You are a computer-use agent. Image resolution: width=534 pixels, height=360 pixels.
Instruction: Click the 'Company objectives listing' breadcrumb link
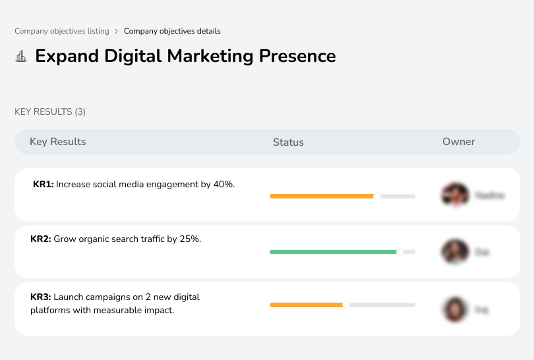click(x=62, y=31)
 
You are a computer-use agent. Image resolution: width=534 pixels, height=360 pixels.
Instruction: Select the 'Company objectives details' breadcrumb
click(x=172, y=31)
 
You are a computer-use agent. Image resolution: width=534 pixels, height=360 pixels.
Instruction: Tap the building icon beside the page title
click(x=21, y=57)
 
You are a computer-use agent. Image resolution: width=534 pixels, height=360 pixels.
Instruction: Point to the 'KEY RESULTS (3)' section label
click(x=50, y=112)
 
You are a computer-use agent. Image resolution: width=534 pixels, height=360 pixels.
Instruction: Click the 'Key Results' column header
click(x=58, y=142)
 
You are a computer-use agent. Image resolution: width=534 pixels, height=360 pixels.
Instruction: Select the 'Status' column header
click(x=288, y=142)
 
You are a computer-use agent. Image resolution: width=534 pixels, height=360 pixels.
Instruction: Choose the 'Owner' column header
click(x=459, y=142)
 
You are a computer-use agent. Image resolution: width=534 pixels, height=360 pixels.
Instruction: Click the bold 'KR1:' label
click(x=43, y=185)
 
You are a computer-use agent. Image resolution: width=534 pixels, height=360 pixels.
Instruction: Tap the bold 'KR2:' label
click(x=40, y=239)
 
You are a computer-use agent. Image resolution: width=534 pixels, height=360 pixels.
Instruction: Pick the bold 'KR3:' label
click(x=40, y=297)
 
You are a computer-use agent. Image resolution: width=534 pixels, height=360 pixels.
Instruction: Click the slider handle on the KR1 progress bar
click(x=377, y=196)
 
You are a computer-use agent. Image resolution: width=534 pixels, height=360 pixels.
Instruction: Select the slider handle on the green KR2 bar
click(x=400, y=252)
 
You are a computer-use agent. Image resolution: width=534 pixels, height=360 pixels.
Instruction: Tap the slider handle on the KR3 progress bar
click(x=346, y=305)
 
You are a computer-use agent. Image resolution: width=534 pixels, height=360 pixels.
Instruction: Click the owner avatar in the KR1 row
click(x=455, y=195)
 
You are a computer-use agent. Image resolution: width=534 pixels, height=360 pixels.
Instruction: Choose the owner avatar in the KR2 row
click(x=455, y=252)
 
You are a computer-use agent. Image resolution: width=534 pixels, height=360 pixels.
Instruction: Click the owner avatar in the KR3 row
click(x=455, y=309)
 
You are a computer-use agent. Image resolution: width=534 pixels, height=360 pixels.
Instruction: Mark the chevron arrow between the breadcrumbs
click(x=117, y=31)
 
